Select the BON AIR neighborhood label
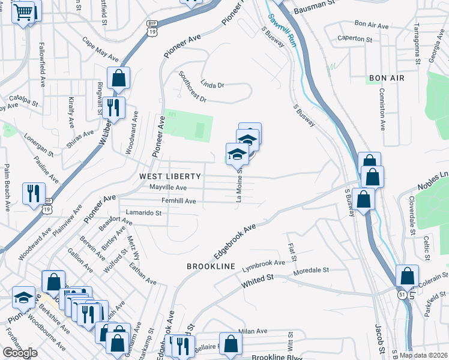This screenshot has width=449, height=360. coord(387,79)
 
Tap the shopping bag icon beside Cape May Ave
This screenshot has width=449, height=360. coord(119,77)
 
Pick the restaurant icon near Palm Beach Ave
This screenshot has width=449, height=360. coord(34,193)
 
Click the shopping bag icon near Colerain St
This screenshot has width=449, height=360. coord(407,277)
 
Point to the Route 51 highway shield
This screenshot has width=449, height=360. coord(401,295)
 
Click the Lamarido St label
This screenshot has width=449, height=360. coord(143,212)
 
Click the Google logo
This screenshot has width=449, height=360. coord(20,353)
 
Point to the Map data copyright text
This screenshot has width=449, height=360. coord(423,355)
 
